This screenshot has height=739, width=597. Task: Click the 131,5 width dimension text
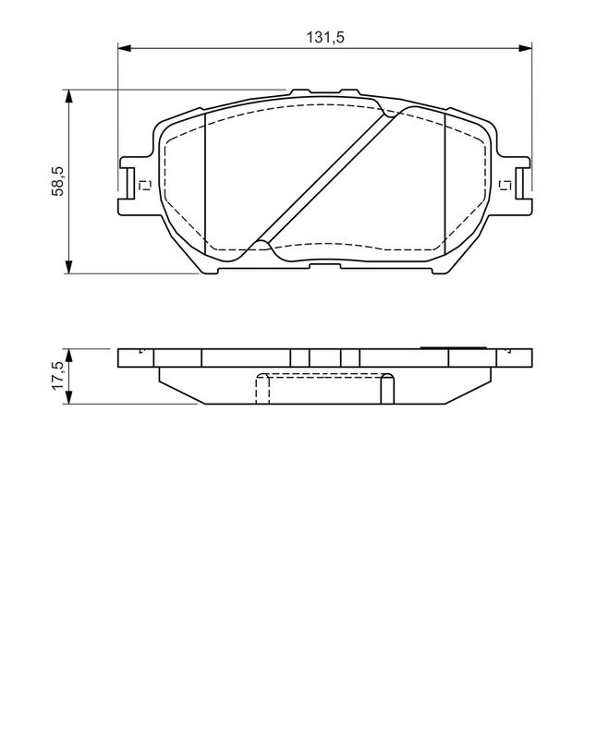coord(325,37)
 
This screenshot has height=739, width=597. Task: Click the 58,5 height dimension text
coord(58,181)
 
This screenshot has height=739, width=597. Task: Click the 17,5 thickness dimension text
coord(58,376)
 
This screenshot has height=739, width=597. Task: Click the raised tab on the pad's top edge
coord(323,92)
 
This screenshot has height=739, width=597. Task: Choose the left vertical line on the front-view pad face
coord(203,185)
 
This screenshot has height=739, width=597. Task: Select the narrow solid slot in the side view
coord(324,358)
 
